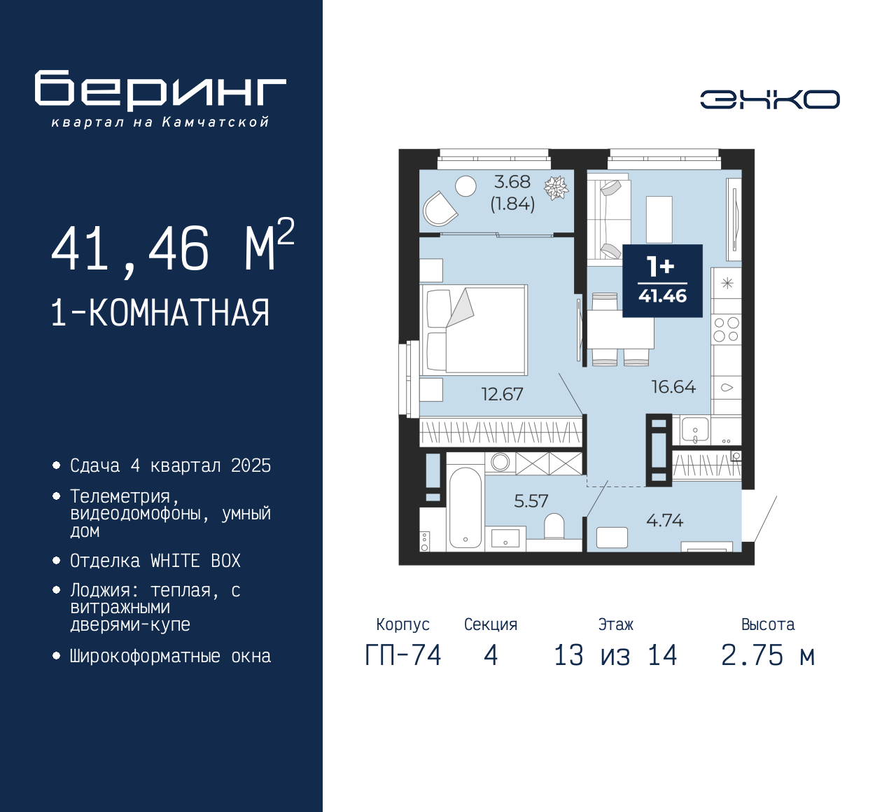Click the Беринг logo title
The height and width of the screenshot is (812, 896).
coord(160,90)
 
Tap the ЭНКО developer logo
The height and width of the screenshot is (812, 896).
coord(769,99)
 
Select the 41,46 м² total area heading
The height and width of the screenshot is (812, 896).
coord(172,248)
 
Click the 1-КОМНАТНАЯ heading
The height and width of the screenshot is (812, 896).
coord(160,313)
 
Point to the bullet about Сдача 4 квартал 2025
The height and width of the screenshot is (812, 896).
coord(170,465)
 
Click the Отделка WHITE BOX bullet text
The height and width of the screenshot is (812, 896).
coord(155,561)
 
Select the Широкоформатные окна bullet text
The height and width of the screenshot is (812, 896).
coord(170,656)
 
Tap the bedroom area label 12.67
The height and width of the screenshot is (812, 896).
coord(502,394)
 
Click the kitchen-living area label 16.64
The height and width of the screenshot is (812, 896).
coord(673,387)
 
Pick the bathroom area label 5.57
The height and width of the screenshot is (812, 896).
coord(531,501)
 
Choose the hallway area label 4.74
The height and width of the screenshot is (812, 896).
coord(664,520)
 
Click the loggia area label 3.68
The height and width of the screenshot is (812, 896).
coord(512,182)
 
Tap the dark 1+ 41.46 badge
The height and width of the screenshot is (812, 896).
coord(662,281)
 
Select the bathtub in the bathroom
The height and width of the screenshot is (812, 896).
coord(465,507)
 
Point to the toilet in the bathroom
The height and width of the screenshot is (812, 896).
coord(554,526)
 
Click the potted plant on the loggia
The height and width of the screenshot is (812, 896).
coord(556,188)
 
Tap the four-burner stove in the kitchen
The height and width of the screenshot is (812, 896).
coord(726,329)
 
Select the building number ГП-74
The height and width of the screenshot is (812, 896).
coord(403,655)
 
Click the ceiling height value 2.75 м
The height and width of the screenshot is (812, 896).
coord(768,655)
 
